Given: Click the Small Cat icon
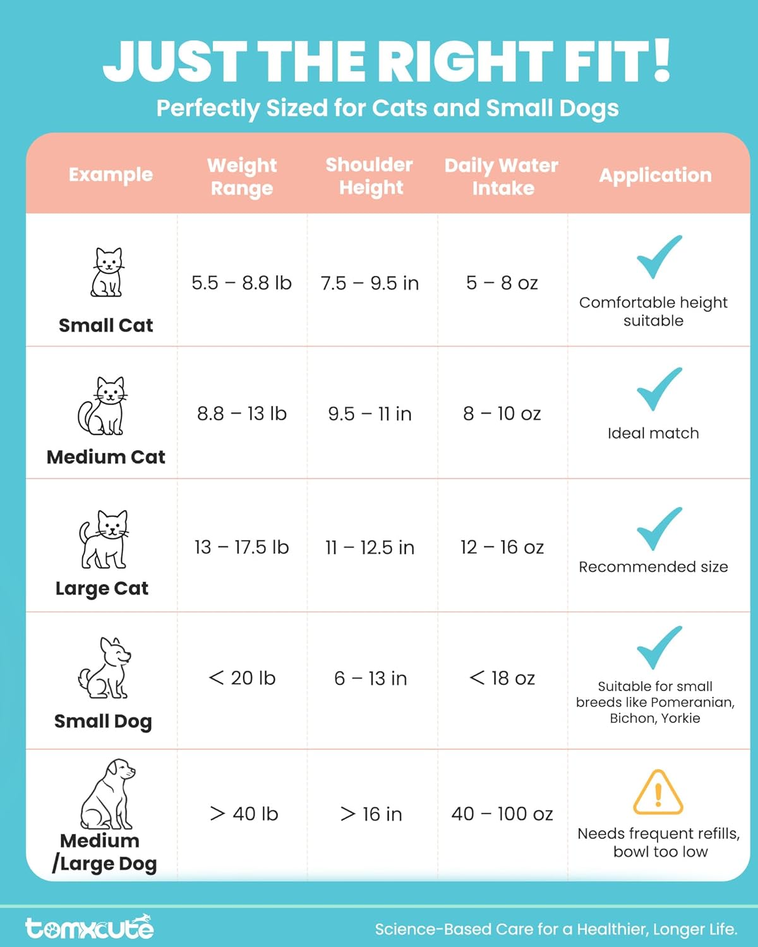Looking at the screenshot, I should click(x=107, y=272).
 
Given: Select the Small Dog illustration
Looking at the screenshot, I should click(x=104, y=668).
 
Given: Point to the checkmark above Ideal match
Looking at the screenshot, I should click(x=659, y=389).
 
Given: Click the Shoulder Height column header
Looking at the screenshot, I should click(x=370, y=176).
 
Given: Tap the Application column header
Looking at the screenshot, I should click(x=655, y=175).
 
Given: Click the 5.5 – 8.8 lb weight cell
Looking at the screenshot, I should click(x=241, y=283).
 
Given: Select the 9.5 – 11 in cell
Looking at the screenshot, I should click(x=370, y=414).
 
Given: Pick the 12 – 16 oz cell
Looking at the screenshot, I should click(x=502, y=547).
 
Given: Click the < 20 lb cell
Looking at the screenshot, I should click(x=242, y=678).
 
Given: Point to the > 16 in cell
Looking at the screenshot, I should click(x=371, y=814).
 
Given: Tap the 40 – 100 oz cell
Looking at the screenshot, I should click(x=502, y=814).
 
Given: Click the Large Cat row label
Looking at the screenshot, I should click(x=102, y=588).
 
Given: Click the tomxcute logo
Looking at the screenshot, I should click(x=90, y=927).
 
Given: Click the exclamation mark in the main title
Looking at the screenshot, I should click(x=661, y=61).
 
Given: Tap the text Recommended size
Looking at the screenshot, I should click(x=653, y=567).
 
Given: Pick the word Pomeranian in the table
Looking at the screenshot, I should click(x=692, y=702).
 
